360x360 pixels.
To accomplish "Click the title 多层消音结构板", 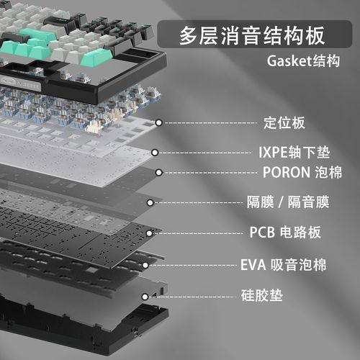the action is [x=252, y=35].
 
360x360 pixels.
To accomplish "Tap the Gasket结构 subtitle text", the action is [x=303, y=61].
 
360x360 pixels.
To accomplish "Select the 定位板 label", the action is [x=284, y=123].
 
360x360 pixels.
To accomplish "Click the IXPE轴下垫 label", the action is [x=294, y=153].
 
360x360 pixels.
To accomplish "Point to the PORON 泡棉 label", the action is [x=302, y=172].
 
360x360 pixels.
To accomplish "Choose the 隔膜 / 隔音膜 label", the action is [x=288, y=202].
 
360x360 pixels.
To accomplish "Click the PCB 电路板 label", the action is [x=285, y=232].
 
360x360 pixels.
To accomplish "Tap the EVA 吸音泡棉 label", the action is [x=284, y=265].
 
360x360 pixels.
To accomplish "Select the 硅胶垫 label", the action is [x=262, y=295].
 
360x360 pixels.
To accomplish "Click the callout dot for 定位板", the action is [x=158, y=123].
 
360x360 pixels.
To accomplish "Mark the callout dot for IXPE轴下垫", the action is [x=155, y=153].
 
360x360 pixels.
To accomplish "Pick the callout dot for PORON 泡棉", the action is [x=158, y=173].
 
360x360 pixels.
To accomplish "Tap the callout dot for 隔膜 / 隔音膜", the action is [x=150, y=203].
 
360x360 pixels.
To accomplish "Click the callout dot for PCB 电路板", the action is [x=149, y=233].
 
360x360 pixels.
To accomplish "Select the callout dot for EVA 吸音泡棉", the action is [x=145, y=265].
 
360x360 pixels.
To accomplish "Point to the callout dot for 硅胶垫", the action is [x=145, y=297].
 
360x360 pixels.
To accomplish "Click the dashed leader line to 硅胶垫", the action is [x=193, y=297].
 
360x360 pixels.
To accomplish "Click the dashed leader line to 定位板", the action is [x=211, y=123].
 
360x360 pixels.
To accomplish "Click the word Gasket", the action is [x=289, y=61].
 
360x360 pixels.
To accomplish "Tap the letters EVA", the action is [x=253, y=265].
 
